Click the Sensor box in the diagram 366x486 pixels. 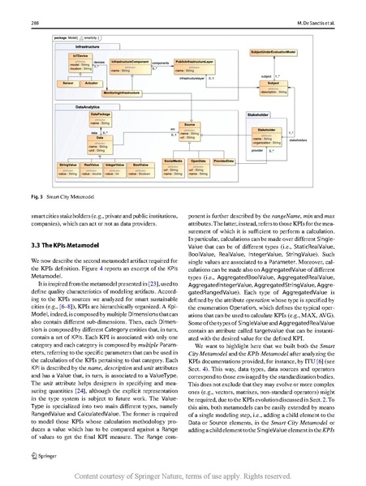point(67,83)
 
